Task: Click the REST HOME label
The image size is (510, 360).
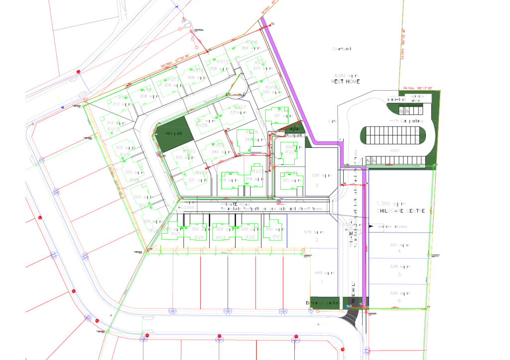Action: coord(345,81)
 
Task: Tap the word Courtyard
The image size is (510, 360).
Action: coord(342,49)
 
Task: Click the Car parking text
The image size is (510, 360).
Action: coord(404,121)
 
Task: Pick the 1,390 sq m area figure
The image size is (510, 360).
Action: coord(391,204)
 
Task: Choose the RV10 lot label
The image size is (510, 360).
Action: coord(114,129)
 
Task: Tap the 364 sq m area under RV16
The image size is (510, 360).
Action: coord(248,48)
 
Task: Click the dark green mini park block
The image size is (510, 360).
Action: coord(171,133)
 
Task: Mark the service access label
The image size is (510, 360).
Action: coord(393,227)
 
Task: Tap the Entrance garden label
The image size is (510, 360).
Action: coord(322,302)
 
